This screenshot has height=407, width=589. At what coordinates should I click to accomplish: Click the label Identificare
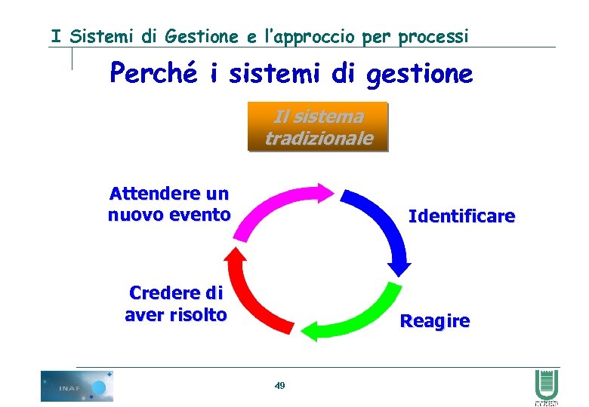[x=461, y=217]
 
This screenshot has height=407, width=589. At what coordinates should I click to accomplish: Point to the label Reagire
[x=434, y=321]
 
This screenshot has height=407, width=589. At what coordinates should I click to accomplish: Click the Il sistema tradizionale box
[x=318, y=127]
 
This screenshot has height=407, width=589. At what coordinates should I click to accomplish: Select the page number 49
[x=280, y=386]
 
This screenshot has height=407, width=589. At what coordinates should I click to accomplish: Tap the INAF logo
[x=76, y=386]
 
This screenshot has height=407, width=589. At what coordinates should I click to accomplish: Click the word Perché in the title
[x=153, y=74]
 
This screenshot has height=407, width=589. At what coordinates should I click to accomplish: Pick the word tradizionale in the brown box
[x=318, y=138]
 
